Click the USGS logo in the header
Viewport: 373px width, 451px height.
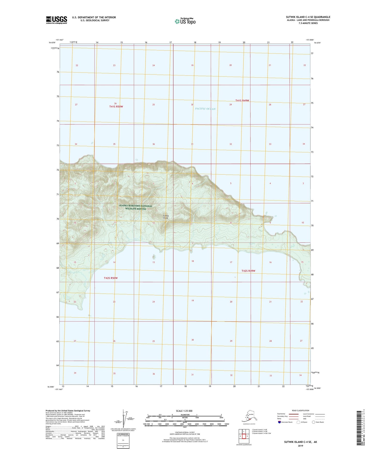57,20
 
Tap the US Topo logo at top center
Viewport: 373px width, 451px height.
185,21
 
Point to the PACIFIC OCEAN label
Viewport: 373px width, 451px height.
205,109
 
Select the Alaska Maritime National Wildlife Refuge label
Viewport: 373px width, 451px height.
136,207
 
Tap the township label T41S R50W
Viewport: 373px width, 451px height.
116,106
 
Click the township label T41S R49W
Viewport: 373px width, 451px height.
242,100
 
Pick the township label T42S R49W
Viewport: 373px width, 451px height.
248,271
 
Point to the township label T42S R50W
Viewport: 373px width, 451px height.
111,278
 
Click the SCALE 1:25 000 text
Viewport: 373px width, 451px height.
185,411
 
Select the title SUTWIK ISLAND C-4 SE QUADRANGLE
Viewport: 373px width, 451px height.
308,17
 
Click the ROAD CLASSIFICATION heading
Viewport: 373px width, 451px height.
300,410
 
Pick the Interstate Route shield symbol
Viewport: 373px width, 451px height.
280,422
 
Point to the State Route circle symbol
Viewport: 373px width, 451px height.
314,422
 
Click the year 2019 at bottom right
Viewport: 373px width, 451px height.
300,446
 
